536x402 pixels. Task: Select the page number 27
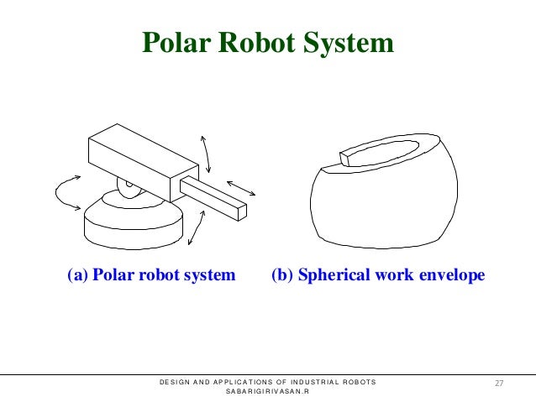(x=499, y=383)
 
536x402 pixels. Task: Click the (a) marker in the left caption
(x=77, y=275)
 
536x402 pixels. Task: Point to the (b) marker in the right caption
(x=281, y=275)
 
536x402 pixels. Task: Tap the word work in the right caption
(x=386, y=275)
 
